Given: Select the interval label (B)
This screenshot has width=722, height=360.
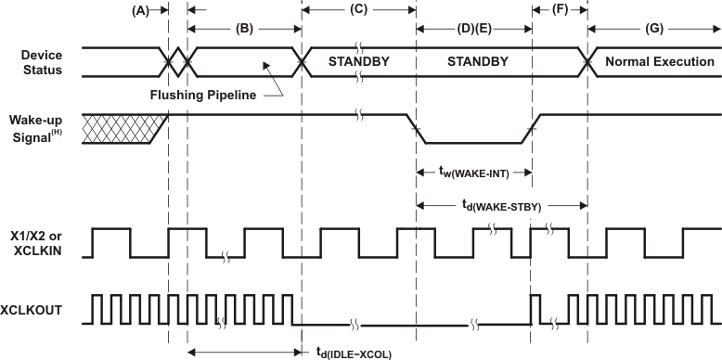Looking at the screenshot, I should point(244,28).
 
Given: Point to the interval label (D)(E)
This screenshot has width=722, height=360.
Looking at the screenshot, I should point(472,29).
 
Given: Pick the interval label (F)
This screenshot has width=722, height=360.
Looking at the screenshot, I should point(559,10).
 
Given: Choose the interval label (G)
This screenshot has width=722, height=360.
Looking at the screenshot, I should point(654,29).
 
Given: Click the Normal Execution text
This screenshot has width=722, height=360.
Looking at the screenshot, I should point(659,62).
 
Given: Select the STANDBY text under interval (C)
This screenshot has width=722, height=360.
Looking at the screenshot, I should point(359,62).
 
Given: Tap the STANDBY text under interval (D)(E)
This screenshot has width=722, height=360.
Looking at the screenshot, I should point(472,62).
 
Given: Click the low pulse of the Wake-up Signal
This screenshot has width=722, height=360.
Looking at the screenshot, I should point(472,142).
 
